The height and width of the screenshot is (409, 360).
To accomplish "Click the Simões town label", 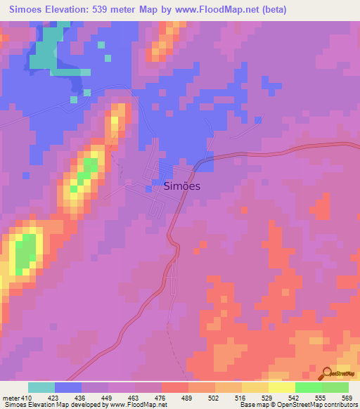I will pos(182,186).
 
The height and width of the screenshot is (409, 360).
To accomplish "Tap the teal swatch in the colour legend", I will pos(41,387).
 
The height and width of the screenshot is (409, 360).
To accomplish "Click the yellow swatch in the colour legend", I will pos(282,387).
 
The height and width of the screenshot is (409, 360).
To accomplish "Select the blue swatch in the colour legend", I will pos(68,387).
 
